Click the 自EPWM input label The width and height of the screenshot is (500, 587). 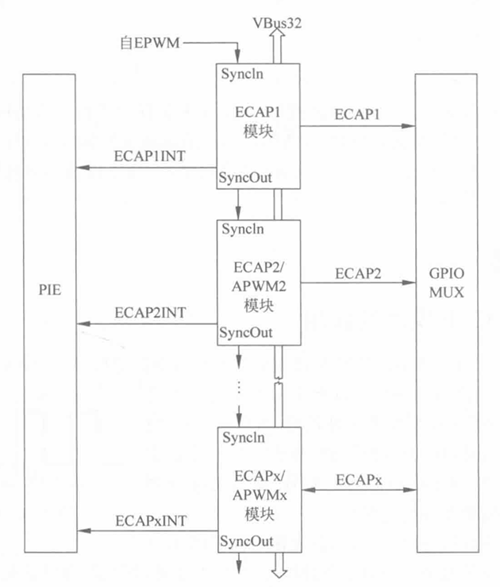pos(154,44)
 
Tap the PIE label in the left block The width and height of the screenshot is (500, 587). pos(49,292)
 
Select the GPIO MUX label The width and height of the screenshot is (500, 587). pos(447,284)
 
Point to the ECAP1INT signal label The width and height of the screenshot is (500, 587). pos(151,156)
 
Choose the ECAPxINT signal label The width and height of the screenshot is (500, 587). pos(151,520)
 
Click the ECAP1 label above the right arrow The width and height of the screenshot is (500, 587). pos(357,113)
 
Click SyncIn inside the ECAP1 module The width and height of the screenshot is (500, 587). pos(244,75)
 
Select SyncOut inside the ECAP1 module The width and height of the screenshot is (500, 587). pos(246,179)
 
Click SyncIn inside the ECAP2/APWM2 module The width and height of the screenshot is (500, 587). pos(244,230)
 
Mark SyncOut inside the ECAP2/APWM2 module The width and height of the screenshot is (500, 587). pos(246,331)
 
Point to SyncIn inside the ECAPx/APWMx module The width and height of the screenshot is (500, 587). pos(244,438)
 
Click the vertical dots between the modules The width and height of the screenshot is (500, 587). pos(239,390)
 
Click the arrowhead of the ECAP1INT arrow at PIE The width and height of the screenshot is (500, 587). pos(80,168)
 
